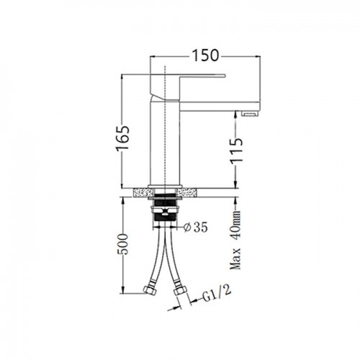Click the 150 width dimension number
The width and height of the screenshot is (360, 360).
coord(206,55)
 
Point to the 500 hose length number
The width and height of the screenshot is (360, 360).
coord(123,244)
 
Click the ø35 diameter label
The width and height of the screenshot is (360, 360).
coord(195,227)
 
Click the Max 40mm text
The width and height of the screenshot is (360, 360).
coord(235,240)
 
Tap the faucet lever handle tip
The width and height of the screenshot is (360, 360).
coord(225,76)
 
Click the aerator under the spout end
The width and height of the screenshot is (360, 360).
coord(251,113)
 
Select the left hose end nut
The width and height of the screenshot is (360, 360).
coord(150,290)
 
